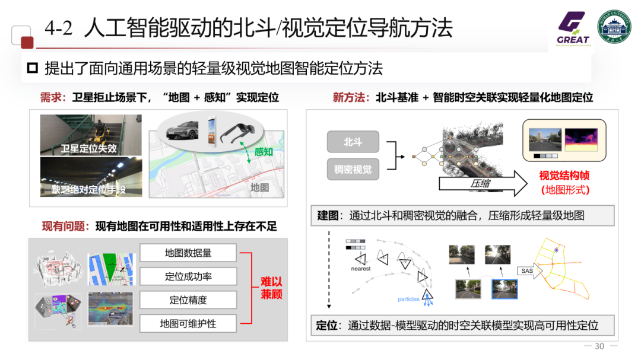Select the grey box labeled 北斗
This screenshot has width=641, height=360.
click(352, 142)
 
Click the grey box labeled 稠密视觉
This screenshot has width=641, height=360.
click(352, 169)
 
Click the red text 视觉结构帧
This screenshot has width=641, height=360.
click(564, 176)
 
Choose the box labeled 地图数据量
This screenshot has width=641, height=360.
click(188, 253)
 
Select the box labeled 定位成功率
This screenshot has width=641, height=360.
click(188, 276)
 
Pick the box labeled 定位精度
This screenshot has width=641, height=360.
click(188, 300)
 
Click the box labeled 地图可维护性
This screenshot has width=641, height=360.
click(188, 324)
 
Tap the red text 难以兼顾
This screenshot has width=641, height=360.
click(271, 288)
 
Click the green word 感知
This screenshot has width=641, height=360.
click(264, 152)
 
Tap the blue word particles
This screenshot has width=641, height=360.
click(408, 300)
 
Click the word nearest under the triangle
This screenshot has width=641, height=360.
click(361, 269)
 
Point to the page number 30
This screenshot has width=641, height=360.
click(599, 346)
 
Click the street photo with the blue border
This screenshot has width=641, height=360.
click(504, 289)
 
